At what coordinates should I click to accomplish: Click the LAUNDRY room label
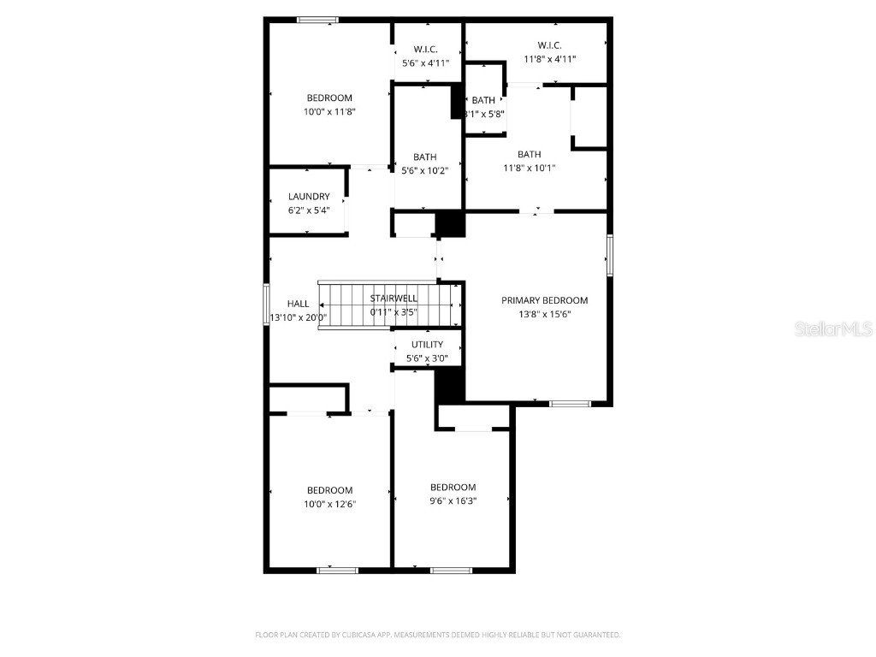point(309,197)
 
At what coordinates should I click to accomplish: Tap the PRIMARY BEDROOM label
point(544,300)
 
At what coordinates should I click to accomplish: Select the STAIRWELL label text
point(394,299)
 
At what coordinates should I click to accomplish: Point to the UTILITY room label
point(427,345)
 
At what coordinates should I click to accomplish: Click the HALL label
point(299,304)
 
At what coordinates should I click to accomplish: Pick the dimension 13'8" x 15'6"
point(544,314)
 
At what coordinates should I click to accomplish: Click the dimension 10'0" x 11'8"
point(329,111)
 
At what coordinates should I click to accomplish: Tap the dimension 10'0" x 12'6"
point(329,504)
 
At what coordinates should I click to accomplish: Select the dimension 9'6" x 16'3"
point(453,500)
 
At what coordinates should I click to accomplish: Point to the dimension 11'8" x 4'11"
point(549,59)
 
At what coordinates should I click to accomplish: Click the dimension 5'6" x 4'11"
point(425,62)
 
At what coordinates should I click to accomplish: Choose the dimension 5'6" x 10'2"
point(425,170)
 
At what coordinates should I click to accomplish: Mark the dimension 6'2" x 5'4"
point(309,210)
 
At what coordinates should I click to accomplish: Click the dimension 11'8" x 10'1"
point(529,168)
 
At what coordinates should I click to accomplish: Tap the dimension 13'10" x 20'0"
point(299,317)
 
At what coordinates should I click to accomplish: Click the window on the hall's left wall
point(266,305)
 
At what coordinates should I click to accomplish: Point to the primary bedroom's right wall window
point(610,255)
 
